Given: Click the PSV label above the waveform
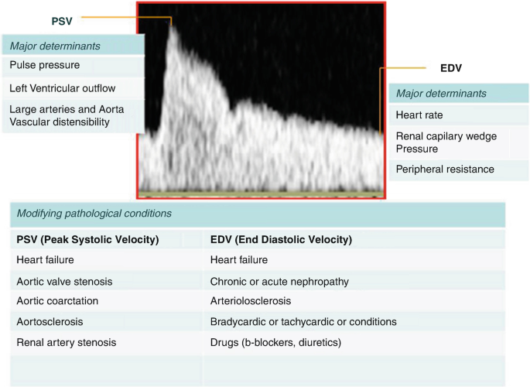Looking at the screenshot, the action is tap(62, 22).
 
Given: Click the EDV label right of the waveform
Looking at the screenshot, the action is tap(451, 68).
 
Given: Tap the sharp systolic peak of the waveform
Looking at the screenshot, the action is tap(172, 27).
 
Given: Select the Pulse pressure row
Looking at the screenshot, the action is tap(45, 65).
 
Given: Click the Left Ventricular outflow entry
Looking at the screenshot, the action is tap(63, 88).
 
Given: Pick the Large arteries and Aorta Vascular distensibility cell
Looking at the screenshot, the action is tap(67, 115).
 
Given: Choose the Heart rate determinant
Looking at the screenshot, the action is tap(419, 115).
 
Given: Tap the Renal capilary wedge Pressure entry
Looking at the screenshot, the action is tap(446, 142).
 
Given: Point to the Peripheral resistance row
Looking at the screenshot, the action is tap(445, 169).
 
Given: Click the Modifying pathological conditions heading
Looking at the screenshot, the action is tap(94, 214).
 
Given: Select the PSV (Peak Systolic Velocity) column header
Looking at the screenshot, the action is tap(87, 240).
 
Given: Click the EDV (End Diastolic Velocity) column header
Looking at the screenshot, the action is tap(281, 240).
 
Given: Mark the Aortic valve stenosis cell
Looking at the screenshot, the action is tap(64, 282).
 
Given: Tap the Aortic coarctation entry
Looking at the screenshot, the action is tap(57, 301).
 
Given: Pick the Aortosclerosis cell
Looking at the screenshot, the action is tap(50, 321).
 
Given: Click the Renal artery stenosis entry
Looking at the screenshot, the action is tap(67, 342).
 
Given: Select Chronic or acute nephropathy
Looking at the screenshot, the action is tap(279, 282).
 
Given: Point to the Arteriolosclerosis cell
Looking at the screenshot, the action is tap(251, 301).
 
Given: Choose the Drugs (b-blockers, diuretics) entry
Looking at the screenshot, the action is tap(275, 342).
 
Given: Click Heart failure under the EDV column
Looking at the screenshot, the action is tap(239, 259).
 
